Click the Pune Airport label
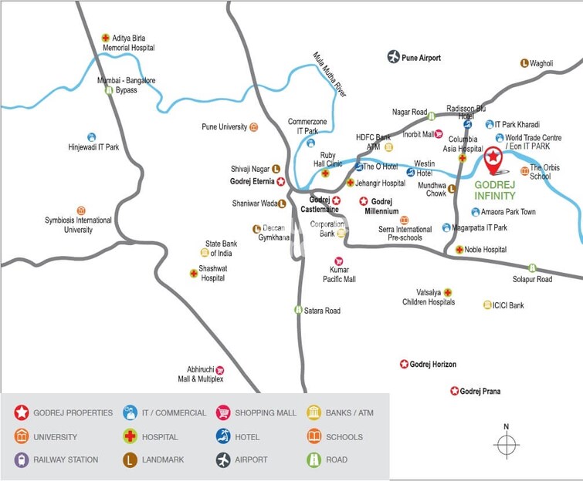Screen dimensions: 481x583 point(421,58)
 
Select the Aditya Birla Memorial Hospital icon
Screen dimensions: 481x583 point(106,38)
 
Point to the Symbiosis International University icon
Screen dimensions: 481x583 point(81,210)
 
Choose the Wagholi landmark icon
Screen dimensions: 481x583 point(524,63)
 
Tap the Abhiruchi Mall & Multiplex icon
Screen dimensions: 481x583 point(219,370)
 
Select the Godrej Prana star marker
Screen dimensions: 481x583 point(455,391)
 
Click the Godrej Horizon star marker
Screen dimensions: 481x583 point(404,364)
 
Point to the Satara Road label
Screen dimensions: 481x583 point(322,311)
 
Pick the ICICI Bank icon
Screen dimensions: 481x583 point(487,305)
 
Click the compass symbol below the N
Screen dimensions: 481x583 point(507,446)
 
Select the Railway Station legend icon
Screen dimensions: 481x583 point(21,459)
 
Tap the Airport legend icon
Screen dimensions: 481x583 point(223,459)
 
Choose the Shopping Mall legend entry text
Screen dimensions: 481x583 point(266,413)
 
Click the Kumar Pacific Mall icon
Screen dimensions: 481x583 point(338,261)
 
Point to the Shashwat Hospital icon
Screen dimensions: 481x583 point(194,273)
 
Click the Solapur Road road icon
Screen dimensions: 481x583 point(532,268)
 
